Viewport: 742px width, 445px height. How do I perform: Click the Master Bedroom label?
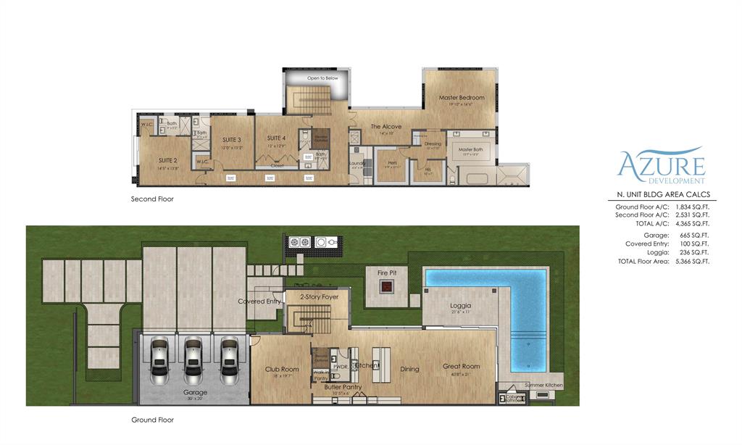(461, 97)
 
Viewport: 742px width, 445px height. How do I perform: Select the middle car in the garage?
(193, 360)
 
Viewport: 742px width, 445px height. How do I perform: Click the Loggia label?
(461, 306)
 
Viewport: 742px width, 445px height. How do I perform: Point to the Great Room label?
(462, 367)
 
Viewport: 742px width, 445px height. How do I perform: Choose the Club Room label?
(282, 370)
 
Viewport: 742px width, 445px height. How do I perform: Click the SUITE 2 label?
(168, 160)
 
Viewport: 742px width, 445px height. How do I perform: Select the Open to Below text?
(323, 78)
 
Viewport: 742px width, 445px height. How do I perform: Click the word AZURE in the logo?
(662, 164)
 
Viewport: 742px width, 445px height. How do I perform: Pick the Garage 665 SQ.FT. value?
(694, 236)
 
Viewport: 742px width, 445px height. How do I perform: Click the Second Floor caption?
(152, 199)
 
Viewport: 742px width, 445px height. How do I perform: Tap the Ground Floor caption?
(152, 420)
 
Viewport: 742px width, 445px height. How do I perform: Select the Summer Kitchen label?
(543, 385)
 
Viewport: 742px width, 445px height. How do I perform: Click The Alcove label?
(386, 127)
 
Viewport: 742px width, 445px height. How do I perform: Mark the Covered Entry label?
(259, 301)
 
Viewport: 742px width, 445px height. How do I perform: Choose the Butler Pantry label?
(343, 396)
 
